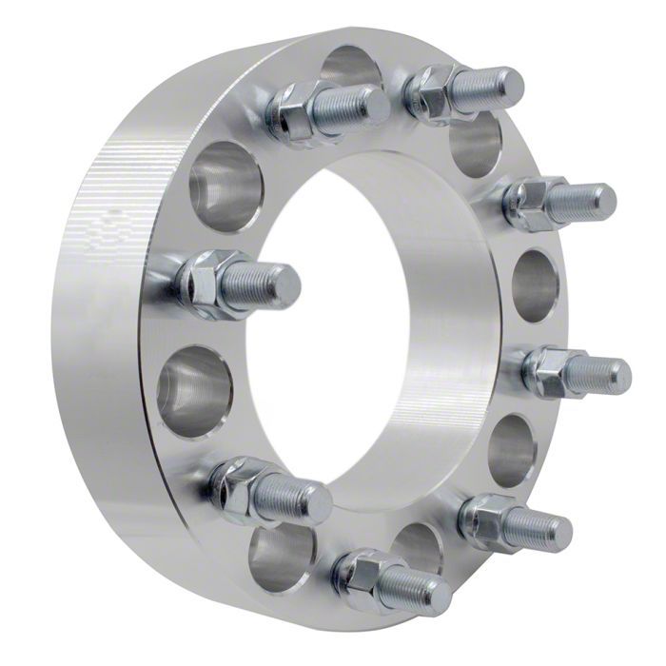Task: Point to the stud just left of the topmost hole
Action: click(x=327, y=109)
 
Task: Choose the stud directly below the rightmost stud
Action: click(x=515, y=522)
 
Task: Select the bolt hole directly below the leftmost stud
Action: click(x=194, y=391)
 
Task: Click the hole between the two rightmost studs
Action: click(x=537, y=285)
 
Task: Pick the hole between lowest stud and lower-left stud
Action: click(x=282, y=557)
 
